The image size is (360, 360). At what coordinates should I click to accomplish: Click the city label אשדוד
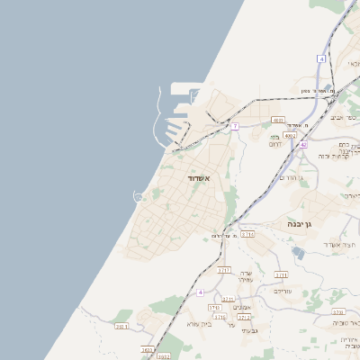pyautogui.click(x=198, y=179)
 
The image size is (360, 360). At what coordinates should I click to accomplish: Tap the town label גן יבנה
pyautogui.click(x=300, y=223)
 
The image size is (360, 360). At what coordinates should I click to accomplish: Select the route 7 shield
pyautogui.click(x=235, y=126)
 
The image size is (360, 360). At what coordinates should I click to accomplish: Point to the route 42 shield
pyautogui.click(x=304, y=144)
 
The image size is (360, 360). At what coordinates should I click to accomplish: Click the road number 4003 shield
pyautogui.click(x=278, y=120)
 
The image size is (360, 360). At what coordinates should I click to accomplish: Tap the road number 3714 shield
pyautogui.click(x=247, y=234)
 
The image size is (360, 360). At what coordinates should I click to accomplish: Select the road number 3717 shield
pyautogui.click(x=224, y=269)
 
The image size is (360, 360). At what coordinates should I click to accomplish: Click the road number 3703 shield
pyautogui.click(x=214, y=307)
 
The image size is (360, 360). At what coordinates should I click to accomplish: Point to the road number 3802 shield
pyautogui.click(x=163, y=356)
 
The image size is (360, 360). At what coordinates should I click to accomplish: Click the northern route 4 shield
pyautogui.click(x=320, y=58)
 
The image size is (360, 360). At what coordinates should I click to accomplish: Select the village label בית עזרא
pyautogui.click(x=199, y=323)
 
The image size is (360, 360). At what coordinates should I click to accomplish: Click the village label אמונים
pyautogui.click(x=241, y=308)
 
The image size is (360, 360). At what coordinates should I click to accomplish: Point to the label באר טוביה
pyautogui.click(x=346, y=322)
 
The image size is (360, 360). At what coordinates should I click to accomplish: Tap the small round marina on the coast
pyautogui.click(x=139, y=195)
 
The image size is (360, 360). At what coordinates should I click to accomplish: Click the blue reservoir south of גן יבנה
pyautogui.click(x=298, y=253)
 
